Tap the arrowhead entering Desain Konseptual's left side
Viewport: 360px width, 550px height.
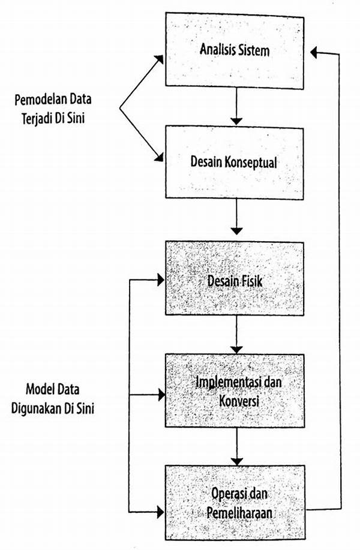coord(160,159)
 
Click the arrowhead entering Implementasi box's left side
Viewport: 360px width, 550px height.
coord(160,395)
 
